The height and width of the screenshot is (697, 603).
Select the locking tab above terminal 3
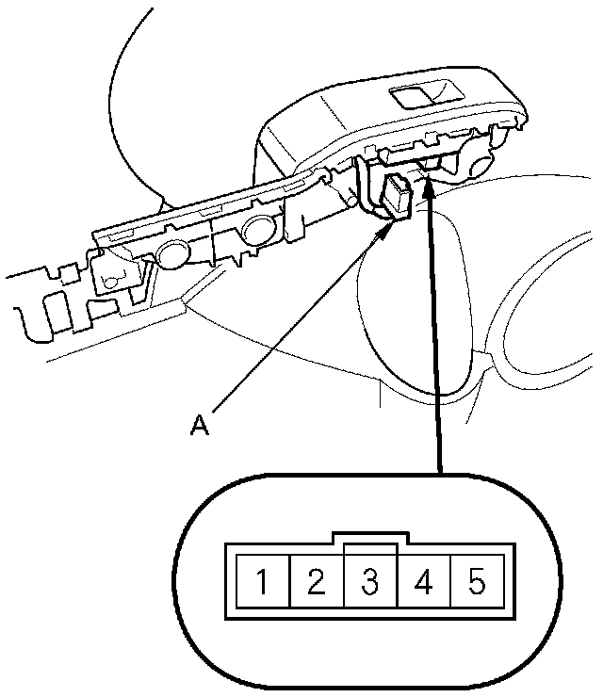click(x=369, y=546)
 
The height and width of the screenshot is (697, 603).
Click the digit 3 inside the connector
click(x=369, y=583)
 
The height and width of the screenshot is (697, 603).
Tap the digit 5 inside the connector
click(x=477, y=583)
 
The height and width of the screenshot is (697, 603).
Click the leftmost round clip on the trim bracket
click(x=171, y=252)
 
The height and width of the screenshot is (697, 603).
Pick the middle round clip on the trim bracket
click(x=258, y=228)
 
